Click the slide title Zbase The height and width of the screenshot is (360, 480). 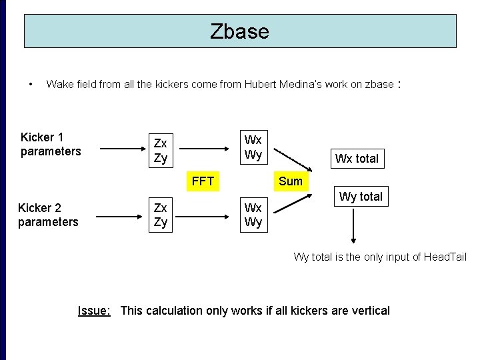point(239,31)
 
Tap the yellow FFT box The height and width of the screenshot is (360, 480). point(203,181)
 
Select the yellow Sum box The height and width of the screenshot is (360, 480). point(290,181)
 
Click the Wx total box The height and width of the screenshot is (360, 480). point(357,159)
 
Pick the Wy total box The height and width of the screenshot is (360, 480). point(361,197)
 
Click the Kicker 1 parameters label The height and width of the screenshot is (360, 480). point(51,145)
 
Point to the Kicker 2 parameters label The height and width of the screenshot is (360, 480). point(48,215)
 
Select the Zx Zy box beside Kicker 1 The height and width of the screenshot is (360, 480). point(161,150)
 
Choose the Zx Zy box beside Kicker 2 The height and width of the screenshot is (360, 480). point(161,215)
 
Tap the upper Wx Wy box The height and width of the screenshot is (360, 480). point(253,147)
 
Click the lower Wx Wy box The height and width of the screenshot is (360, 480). point(253,215)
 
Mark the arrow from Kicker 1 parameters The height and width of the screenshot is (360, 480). point(121,147)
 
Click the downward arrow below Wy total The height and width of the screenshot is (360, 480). point(353,227)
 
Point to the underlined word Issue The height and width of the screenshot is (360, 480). point(94,311)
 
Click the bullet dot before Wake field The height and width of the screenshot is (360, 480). point(31,85)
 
